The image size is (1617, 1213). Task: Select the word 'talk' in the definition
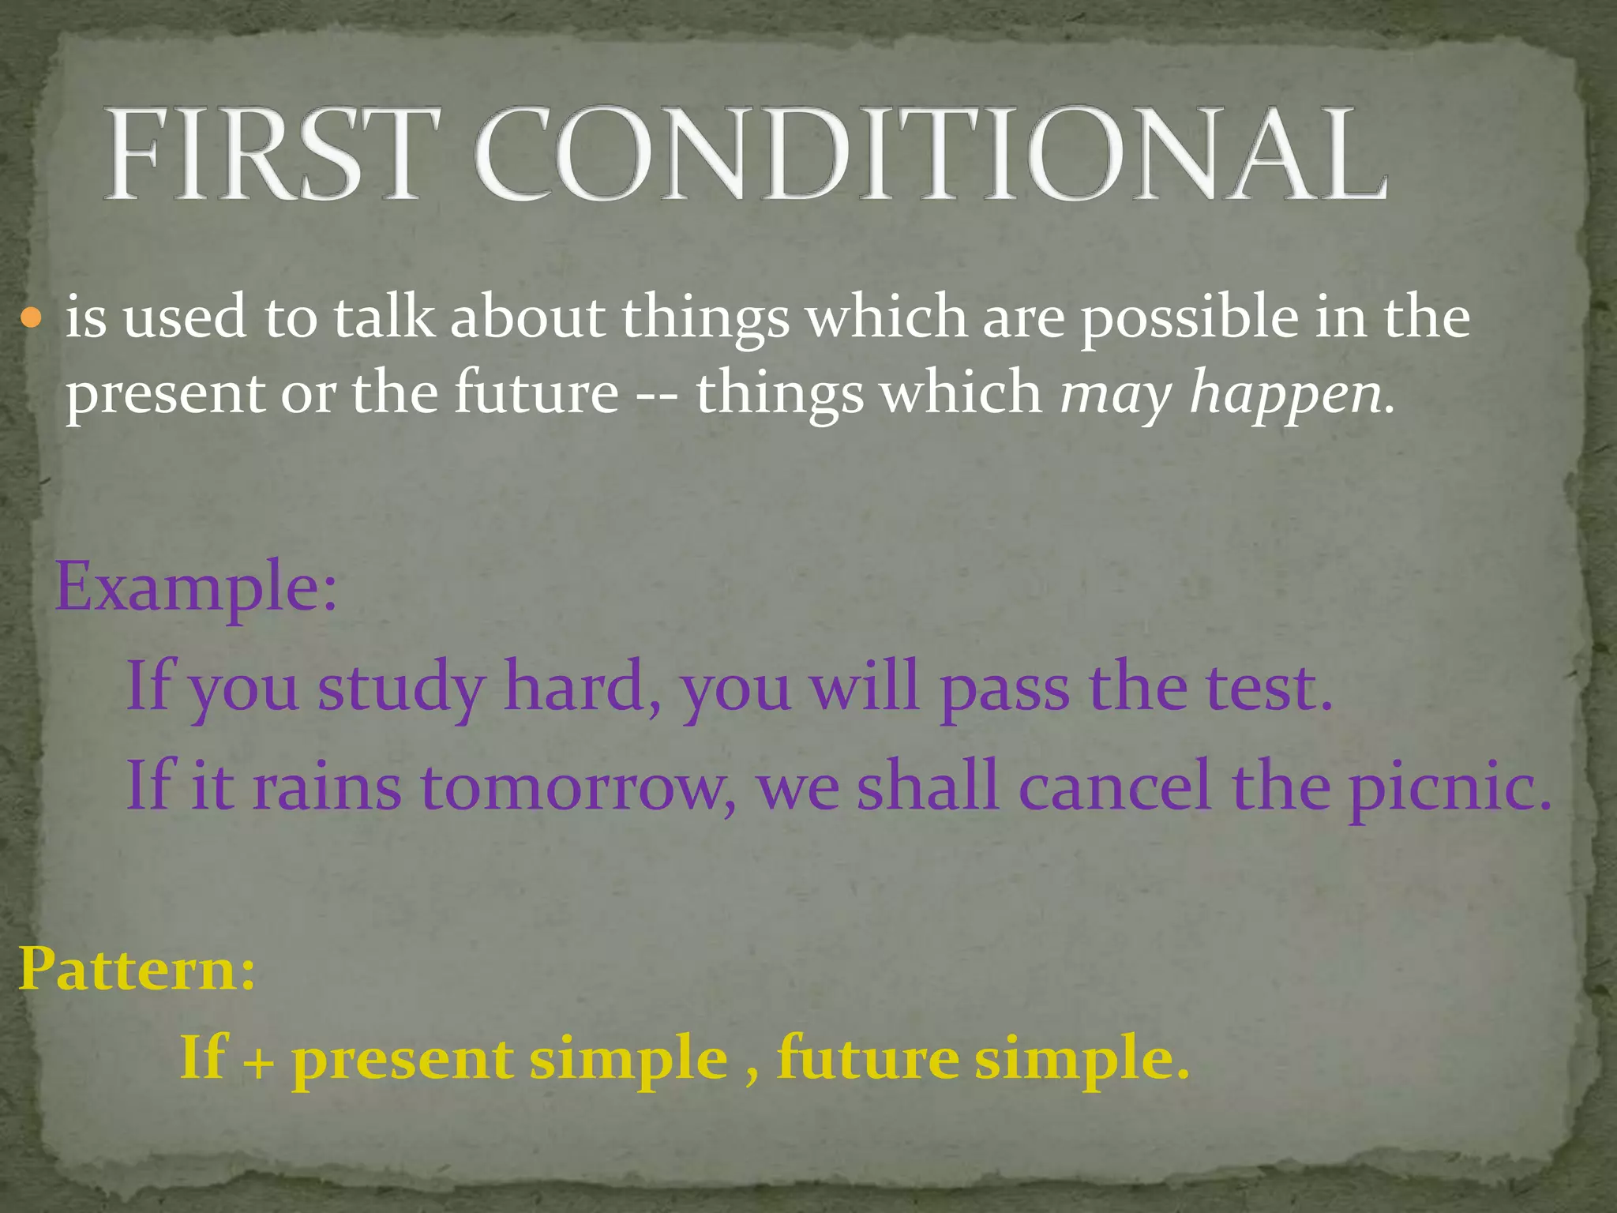coord(384,317)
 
